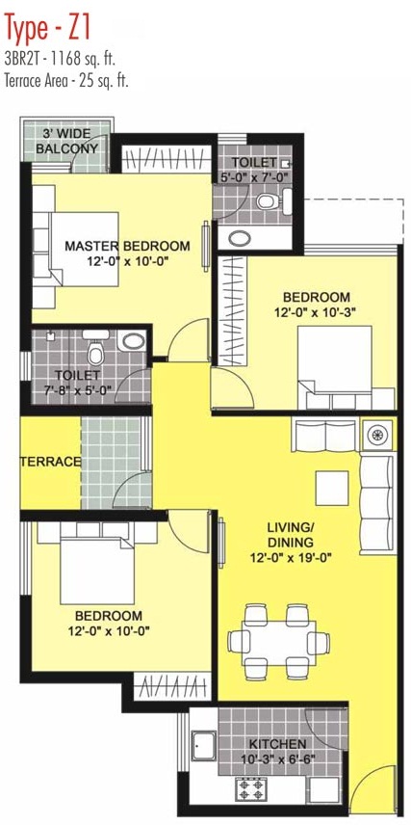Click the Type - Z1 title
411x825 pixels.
48,27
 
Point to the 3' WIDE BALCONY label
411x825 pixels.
66,141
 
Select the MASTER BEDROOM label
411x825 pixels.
127,246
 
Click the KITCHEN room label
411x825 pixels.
277,744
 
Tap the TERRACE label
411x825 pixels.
51,462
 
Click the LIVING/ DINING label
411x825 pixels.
290,535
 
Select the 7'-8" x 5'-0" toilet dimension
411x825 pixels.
78,389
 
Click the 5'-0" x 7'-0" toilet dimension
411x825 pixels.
255,176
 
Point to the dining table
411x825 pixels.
278,643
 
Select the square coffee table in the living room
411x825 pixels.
332,489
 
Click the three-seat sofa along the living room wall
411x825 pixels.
377,505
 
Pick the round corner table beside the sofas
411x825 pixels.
377,434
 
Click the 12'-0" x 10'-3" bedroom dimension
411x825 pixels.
316,312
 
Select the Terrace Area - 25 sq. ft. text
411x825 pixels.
66,82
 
